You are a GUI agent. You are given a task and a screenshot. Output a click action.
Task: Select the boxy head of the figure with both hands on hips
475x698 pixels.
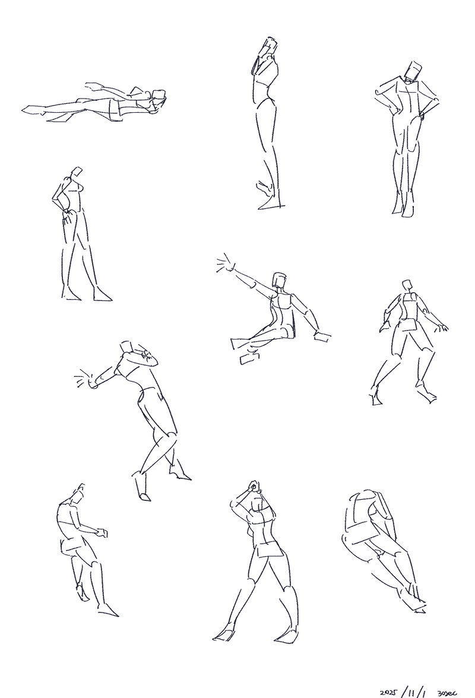pos(412,71)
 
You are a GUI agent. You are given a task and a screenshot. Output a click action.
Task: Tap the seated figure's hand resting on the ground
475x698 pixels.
pos(322,337)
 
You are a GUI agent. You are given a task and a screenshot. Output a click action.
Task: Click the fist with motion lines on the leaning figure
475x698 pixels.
pos(86,379)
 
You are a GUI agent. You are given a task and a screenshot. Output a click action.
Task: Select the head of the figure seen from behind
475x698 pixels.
pos(407,285)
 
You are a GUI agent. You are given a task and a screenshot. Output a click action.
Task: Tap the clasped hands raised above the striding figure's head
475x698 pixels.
pos(253,486)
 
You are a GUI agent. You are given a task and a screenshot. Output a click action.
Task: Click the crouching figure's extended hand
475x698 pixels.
pos(102,532)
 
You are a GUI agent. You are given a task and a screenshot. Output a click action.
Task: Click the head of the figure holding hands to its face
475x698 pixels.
pos(270,46)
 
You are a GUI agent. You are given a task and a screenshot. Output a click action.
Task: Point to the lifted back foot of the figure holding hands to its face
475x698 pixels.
pos(265,187)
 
